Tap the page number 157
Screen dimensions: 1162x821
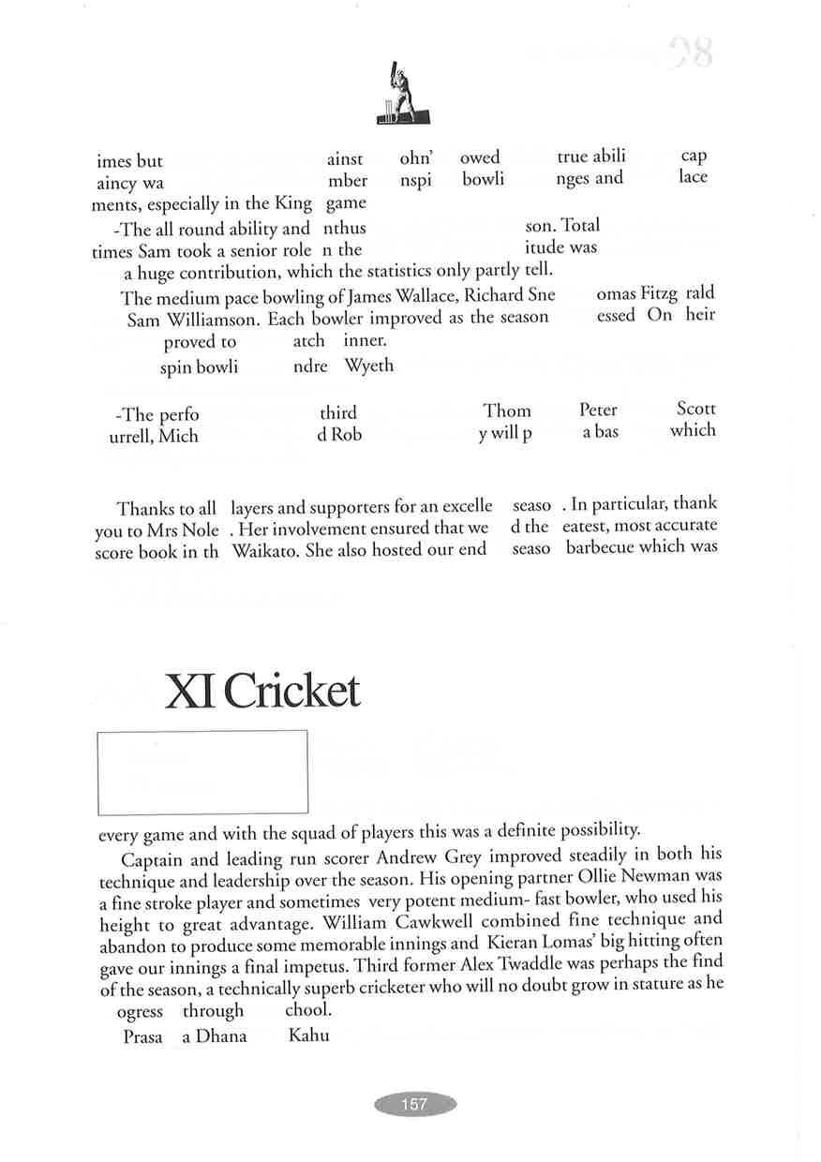click(x=414, y=1104)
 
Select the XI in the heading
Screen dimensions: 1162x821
click(x=190, y=692)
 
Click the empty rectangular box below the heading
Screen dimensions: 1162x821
click(x=202, y=772)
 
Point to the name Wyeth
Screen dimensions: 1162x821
click(x=369, y=365)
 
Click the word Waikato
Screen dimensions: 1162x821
click(x=265, y=550)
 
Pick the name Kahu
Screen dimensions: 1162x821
click(x=308, y=1035)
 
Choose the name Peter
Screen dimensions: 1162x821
click(x=598, y=410)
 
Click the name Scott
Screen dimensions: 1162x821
click(x=695, y=409)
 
